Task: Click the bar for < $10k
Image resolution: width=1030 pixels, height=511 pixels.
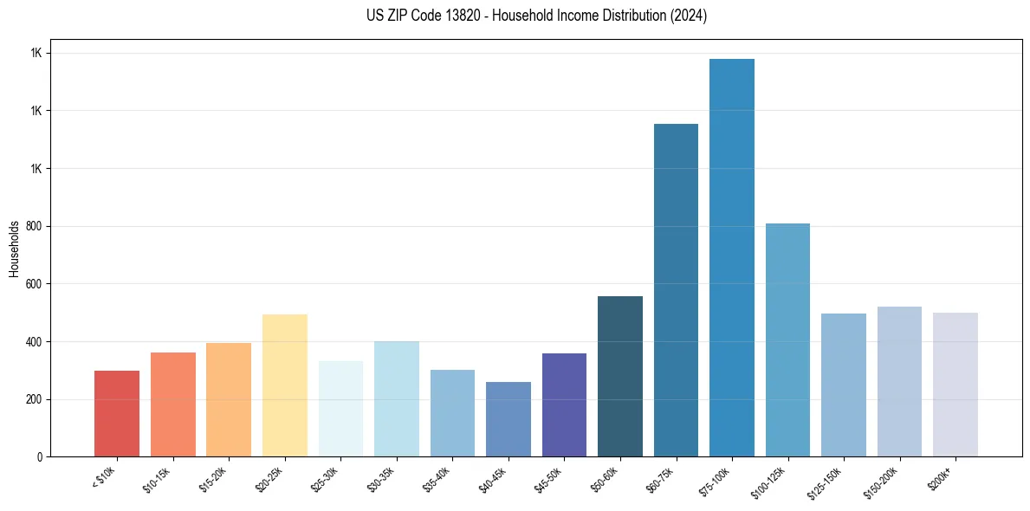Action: tap(117, 413)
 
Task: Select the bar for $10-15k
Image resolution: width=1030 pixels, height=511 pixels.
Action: tap(173, 404)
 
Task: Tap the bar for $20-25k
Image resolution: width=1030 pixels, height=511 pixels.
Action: tap(285, 385)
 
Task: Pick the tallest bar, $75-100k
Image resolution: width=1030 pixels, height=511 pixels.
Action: tap(732, 257)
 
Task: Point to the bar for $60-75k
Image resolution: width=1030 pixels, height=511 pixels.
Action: tap(676, 290)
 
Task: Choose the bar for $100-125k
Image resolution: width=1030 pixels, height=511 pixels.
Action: tap(787, 340)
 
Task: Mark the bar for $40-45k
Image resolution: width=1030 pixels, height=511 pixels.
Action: tap(509, 419)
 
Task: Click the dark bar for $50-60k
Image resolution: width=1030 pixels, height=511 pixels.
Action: tap(620, 376)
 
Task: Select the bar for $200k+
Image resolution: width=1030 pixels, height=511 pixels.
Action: tap(956, 385)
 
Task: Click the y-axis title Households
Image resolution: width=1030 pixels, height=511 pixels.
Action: tap(14, 249)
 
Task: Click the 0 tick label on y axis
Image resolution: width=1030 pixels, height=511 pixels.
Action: tap(40, 457)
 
